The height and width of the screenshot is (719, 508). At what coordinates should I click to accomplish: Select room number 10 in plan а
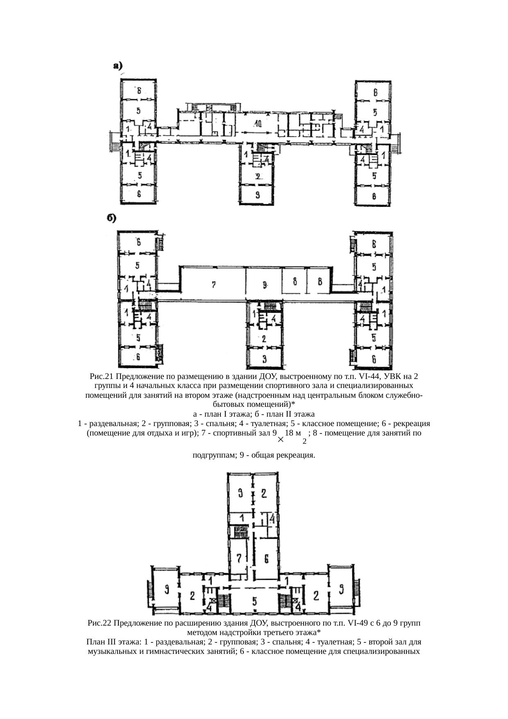pos(257,123)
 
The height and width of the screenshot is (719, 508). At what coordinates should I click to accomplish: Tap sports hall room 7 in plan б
pos(214,284)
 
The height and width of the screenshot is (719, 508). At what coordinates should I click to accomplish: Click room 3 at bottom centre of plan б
pos(264,359)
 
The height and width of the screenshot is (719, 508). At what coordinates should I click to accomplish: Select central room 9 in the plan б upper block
pos(265,284)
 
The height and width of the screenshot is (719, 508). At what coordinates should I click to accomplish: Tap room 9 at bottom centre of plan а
pos(257,195)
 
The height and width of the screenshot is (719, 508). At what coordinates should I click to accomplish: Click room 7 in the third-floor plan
pos(240,558)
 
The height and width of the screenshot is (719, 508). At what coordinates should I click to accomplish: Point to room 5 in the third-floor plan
pos(254,601)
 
